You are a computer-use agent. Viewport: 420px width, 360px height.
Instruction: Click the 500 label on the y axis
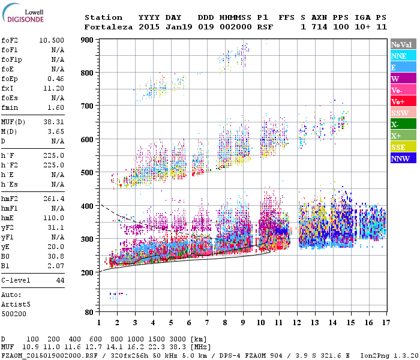pyautogui.click(x=88, y=173)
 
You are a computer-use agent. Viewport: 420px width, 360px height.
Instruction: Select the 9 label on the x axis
pyautogui.click(x=243, y=323)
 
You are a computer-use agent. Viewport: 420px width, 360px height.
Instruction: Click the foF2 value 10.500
pyautogui.click(x=52, y=40)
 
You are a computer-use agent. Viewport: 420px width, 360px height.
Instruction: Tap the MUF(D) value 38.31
pyautogui.click(x=53, y=122)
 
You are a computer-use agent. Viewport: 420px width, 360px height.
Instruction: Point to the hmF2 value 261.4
pyautogui.click(x=53, y=199)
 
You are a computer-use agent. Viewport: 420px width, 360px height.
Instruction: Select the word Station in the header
pyautogui.click(x=103, y=17)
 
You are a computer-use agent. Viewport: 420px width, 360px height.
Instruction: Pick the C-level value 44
pyautogui.click(x=60, y=280)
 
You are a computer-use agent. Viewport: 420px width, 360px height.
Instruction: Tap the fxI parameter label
pyautogui.click(x=8, y=88)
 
